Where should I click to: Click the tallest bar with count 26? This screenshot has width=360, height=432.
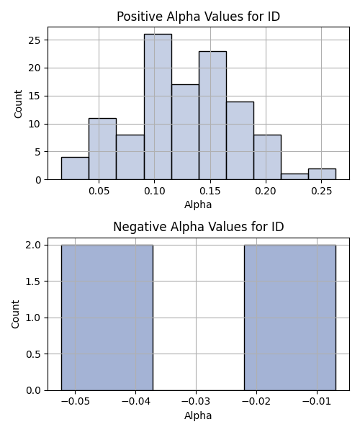point(158,107)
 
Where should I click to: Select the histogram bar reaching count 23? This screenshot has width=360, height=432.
point(212,115)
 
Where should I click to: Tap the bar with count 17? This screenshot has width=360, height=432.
point(185,132)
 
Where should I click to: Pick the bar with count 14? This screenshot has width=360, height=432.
point(240,140)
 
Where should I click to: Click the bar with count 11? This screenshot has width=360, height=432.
point(102,149)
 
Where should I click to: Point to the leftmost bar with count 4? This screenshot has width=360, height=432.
point(75,168)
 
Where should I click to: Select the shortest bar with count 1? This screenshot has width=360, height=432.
point(294,176)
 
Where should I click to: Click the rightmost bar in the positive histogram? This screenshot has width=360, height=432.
point(322,174)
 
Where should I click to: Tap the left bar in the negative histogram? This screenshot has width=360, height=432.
point(107,318)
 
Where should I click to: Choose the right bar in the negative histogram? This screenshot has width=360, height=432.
point(290,318)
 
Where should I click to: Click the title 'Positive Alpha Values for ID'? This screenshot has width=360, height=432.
point(198,17)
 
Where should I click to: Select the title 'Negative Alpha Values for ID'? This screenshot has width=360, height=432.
point(198,227)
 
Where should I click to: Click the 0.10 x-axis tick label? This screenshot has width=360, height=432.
point(155,191)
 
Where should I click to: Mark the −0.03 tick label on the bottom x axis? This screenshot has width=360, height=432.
point(196,402)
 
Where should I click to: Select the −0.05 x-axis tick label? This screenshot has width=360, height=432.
point(75,402)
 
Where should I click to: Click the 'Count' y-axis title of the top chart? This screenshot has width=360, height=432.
point(18,104)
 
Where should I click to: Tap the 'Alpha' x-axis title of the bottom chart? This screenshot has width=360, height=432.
point(198,415)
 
